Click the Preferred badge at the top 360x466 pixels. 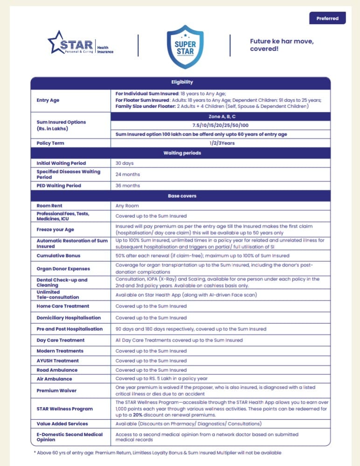click(327, 18)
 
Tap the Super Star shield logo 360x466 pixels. click(185, 45)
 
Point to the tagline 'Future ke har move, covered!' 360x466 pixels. click(282, 45)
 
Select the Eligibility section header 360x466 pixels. click(181, 83)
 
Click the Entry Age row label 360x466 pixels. click(48, 100)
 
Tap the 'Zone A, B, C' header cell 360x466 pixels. click(220, 116)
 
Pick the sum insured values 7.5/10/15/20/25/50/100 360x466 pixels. click(220, 125)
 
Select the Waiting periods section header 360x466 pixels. click(181, 153)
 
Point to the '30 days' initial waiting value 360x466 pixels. click(125, 163)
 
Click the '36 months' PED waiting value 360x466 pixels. click(128, 186)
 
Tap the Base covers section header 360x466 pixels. click(181, 196)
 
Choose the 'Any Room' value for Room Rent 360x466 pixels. click(127, 206)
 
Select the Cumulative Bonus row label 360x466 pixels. click(58, 256)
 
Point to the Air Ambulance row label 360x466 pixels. click(55, 379)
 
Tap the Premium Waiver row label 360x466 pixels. click(56, 390)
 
